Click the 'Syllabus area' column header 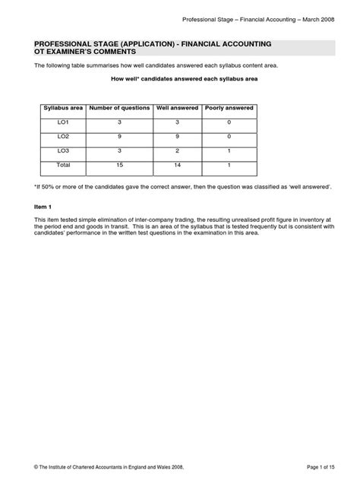pyautogui.click(x=62, y=108)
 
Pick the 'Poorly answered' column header pyautogui.click(x=229, y=108)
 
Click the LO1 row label pyautogui.click(x=62, y=122)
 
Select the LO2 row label pyautogui.click(x=62, y=137)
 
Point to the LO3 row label pyautogui.click(x=62, y=151)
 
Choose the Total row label pyautogui.click(x=62, y=165)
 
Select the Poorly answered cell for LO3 pyautogui.click(x=229, y=151)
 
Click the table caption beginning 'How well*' pyautogui.click(x=179, y=80)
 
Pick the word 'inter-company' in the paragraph pyautogui.click(x=147, y=219)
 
